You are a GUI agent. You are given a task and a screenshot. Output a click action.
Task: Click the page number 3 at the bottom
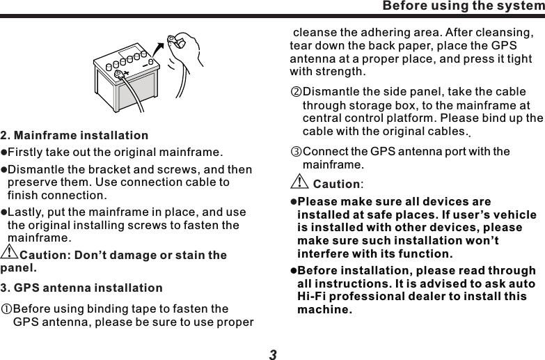[x=273, y=354]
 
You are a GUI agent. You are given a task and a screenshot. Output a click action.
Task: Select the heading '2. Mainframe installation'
[x=74, y=134]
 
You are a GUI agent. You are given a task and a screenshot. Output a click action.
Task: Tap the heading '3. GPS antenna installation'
[x=81, y=288]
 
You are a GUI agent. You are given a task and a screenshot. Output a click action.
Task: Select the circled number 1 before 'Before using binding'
[x=6, y=309]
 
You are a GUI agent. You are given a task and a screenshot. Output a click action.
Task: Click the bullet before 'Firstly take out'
[x=3, y=152]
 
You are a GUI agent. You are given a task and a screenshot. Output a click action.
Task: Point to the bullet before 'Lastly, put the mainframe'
[x=3, y=213]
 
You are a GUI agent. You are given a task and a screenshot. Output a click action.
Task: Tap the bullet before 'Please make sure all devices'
[x=294, y=203]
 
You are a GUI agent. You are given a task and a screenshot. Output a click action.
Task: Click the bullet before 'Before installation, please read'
[x=294, y=271]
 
